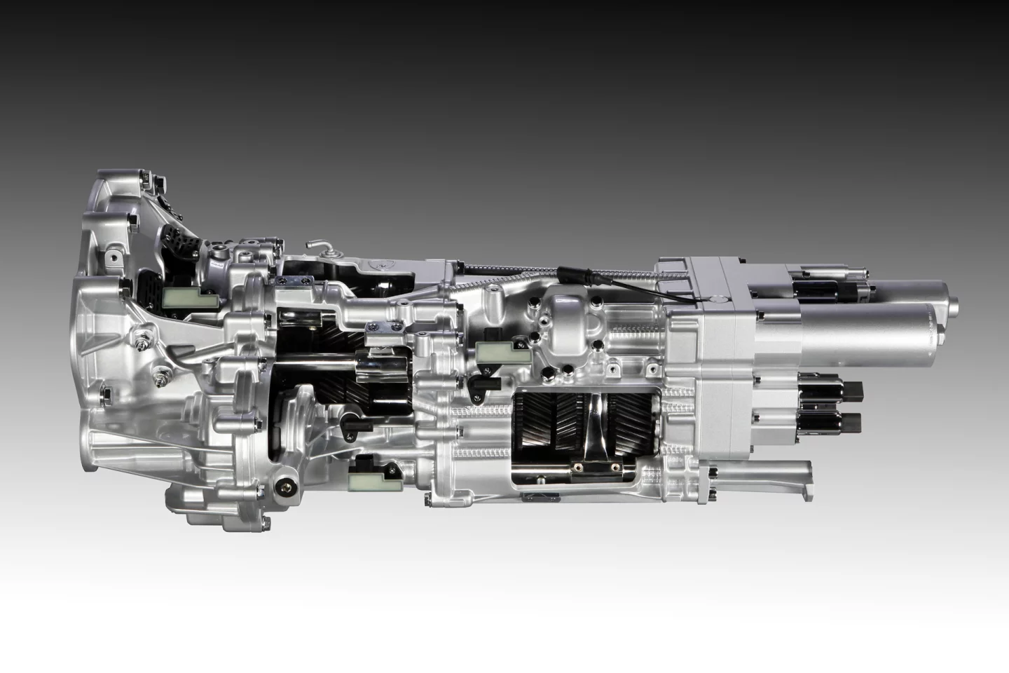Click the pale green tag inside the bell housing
[x=181, y=299]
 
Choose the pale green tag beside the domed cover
[x=493, y=354]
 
